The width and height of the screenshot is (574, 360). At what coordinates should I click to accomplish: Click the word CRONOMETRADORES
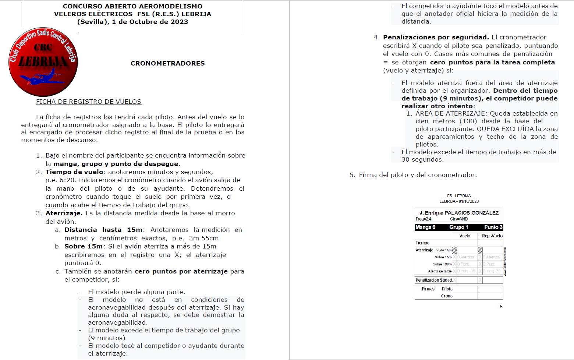pyautogui.click(x=167, y=63)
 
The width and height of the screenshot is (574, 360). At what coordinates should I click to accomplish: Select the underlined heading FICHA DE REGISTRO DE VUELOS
pyautogui.click(x=88, y=102)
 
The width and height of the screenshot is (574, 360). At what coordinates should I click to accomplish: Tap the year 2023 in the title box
pyautogui.click(x=179, y=22)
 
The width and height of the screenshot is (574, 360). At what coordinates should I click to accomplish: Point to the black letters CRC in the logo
pyautogui.click(x=43, y=47)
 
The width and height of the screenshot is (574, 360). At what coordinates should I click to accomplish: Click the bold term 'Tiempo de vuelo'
pyautogui.click(x=74, y=172)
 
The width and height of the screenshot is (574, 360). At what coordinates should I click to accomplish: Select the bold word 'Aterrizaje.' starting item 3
pyautogui.click(x=64, y=213)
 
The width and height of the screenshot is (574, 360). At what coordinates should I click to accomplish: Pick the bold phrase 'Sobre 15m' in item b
pyautogui.click(x=84, y=246)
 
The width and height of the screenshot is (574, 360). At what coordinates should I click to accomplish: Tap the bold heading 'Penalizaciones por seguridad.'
pyautogui.click(x=436, y=37)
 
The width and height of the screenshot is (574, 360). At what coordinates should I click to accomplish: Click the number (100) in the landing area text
pyautogui.click(x=468, y=121)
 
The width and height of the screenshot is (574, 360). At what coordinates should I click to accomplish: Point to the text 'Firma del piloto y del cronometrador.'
pyautogui.click(x=418, y=175)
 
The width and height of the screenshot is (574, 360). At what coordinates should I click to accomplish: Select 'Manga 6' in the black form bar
pyautogui.click(x=425, y=227)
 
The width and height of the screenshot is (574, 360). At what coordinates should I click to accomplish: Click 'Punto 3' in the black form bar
pyautogui.click(x=493, y=227)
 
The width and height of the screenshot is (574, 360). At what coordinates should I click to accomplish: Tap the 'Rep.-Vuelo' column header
pyautogui.click(x=492, y=236)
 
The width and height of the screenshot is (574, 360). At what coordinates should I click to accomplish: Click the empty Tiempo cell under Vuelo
pyautogui.click(x=465, y=243)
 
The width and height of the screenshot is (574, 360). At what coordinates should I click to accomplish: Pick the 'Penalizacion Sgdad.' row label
pyautogui.click(x=433, y=280)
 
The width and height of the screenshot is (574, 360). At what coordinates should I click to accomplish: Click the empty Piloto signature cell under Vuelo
pyautogui.click(x=465, y=289)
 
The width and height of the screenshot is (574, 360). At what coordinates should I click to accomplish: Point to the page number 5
pyautogui.click(x=501, y=307)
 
